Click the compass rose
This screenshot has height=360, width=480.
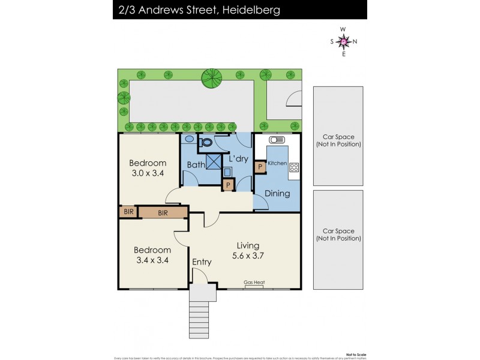pos(343,41)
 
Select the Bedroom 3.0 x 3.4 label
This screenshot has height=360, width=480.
pos(148,168)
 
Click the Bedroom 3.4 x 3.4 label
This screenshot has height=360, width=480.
pos(152,255)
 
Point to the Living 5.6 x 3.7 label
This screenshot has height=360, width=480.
pos(248,250)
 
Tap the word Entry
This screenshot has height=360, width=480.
pos(202,262)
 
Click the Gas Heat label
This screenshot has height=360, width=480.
pos(254,283)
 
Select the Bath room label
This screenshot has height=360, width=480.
pos(196,164)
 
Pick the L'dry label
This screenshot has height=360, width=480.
pos(239,159)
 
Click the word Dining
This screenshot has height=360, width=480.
pos(277,193)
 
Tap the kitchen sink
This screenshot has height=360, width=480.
pos(277,140)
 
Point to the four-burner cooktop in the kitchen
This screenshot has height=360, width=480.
pos(294,167)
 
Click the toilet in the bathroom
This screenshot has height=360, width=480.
pos(205,142)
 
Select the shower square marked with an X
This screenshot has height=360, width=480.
pos(214,162)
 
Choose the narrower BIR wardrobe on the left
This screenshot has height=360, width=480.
pos(128,212)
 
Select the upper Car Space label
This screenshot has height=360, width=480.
pos(338,140)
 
